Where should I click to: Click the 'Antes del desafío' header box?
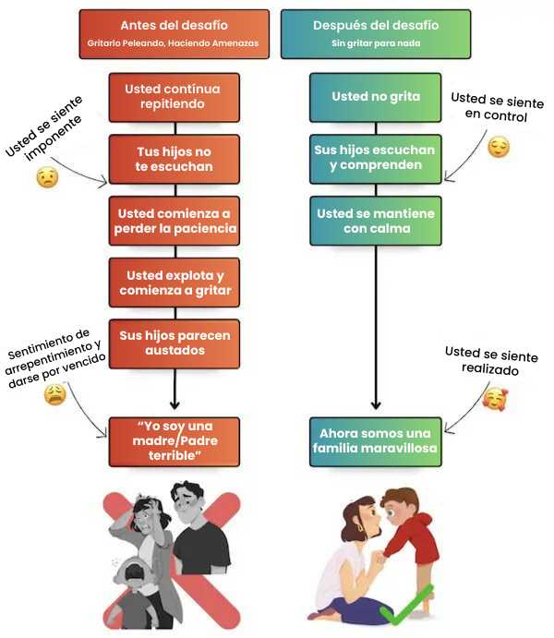tap(175, 33)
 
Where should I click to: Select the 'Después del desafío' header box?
tap(376, 33)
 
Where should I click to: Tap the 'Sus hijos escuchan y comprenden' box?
tap(376, 158)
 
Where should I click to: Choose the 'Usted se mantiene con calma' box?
tap(376, 221)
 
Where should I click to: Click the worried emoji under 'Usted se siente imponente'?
tap(47, 178)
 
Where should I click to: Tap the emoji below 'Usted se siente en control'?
tap(499, 147)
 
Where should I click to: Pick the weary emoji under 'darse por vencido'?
tap(55, 394)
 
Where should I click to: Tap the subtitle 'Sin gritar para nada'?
tap(376, 44)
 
